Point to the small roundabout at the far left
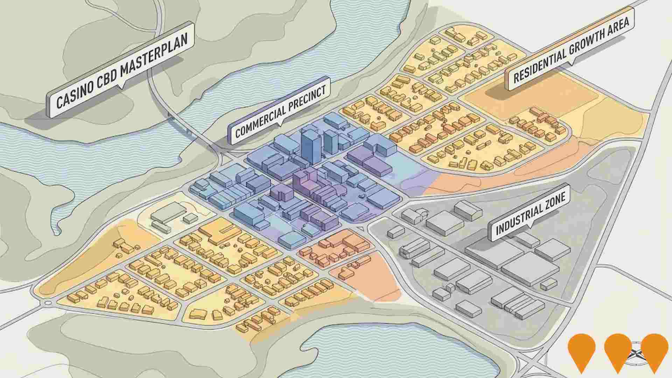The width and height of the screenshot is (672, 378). (x=48, y=302)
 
